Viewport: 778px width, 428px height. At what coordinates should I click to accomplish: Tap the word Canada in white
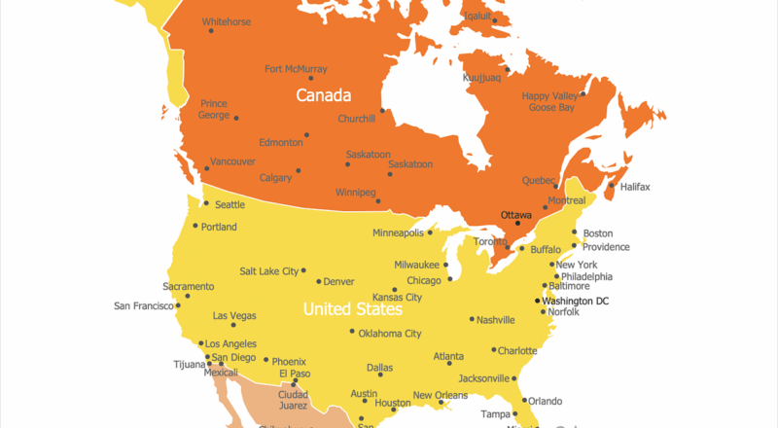point(323,95)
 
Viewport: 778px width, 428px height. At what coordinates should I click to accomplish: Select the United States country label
point(352,309)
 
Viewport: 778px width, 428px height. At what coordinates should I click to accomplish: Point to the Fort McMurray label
point(296,69)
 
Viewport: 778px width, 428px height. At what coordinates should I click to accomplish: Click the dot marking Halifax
point(611,186)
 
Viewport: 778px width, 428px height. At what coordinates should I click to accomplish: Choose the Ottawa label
point(515,214)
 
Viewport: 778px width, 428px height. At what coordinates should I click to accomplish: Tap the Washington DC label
point(575,301)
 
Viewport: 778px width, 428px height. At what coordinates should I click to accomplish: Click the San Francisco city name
point(143,305)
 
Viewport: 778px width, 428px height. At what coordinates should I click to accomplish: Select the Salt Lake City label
point(269,271)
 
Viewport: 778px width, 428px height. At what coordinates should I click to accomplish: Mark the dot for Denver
point(317,282)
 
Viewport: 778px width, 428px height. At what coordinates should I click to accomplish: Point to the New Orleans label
point(440,395)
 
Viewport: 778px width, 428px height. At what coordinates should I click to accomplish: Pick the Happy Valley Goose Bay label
point(549,101)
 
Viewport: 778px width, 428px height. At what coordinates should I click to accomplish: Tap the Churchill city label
point(356,119)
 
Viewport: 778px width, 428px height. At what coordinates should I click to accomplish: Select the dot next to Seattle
point(205,203)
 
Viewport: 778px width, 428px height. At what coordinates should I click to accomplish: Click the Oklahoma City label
point(389,334)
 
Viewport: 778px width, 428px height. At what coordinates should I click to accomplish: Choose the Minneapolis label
point(398,233)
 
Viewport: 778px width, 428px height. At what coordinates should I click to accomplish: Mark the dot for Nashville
point(472,319)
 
